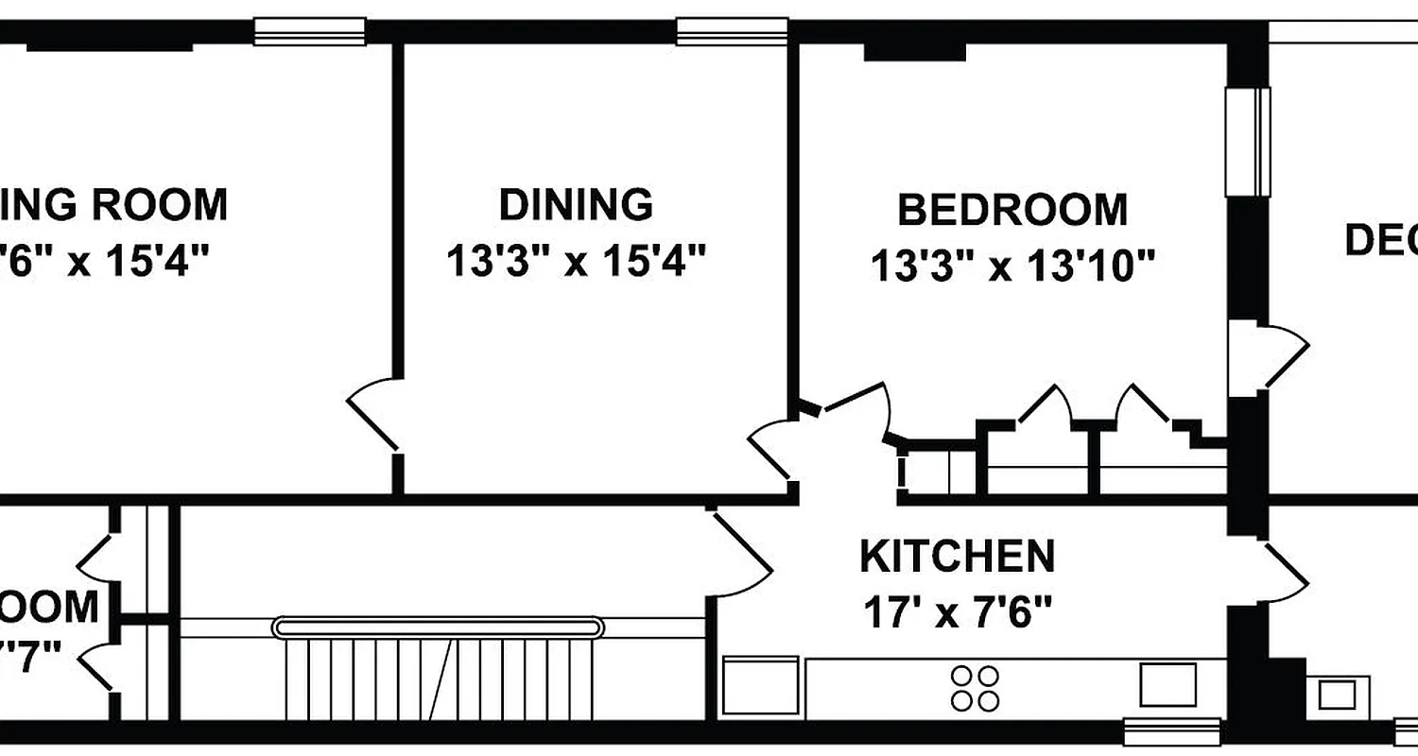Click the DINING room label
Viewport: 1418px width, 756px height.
click(x=576, y=204)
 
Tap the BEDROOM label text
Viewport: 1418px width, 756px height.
click(x=1012, y=210)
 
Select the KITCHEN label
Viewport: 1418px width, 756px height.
click(x=957, y=557)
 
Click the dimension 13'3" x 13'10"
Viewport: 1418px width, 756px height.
click(x=1012, y=266)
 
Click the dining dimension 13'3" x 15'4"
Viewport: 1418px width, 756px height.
click(x=577, y=261)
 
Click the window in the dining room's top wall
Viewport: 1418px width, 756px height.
click(x=732, y=31)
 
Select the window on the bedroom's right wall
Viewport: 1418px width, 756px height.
click(x=1248, y=142)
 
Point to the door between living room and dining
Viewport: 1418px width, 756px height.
click(x=373, y=413)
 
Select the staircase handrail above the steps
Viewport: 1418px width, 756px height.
click(x=437, y=627)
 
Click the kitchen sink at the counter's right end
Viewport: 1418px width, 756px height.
click(x=1167, y=685)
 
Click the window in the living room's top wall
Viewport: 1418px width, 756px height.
click(x=309, y=31)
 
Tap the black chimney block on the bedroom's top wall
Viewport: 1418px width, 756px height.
click(x=914, y=50)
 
